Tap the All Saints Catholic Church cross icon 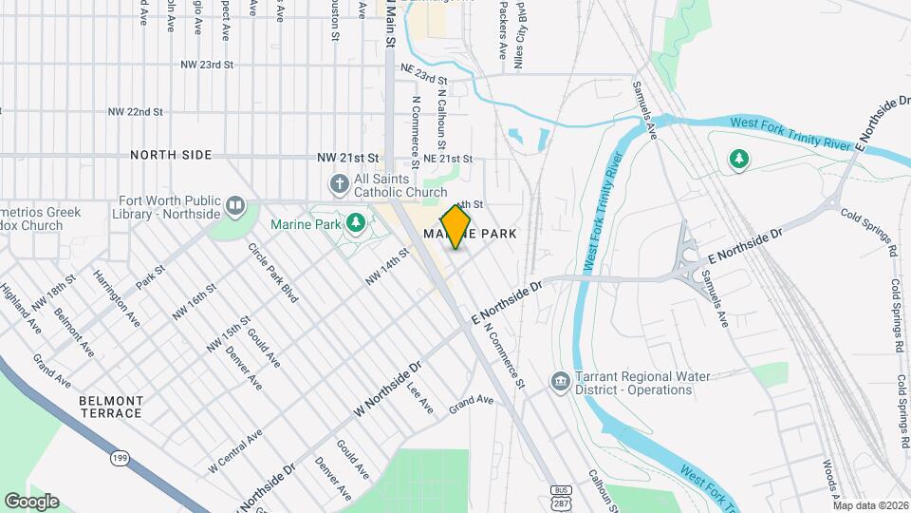pyautogui.click(x=338, y=183)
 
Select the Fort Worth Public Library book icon pyautogui.click(x=236, y=203)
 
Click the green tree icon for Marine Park pyautogui.click(x=356, y=223)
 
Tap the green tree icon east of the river pyautogui.click(x=738, y=160)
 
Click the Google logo pyautogui.click(x=31, y=501)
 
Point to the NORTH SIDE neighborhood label pyautogui.click(x=171, y=155)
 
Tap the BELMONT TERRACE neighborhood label pyautogui.click(x=111, y=408)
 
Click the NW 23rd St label pyautogui.click(x=207, y=66)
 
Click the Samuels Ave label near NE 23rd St pyautogui.click(x=644, y=112)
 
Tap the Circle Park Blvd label pyautogui.click(x=273, y=273)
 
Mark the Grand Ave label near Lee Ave pyautogui.click(x=472, y=401)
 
